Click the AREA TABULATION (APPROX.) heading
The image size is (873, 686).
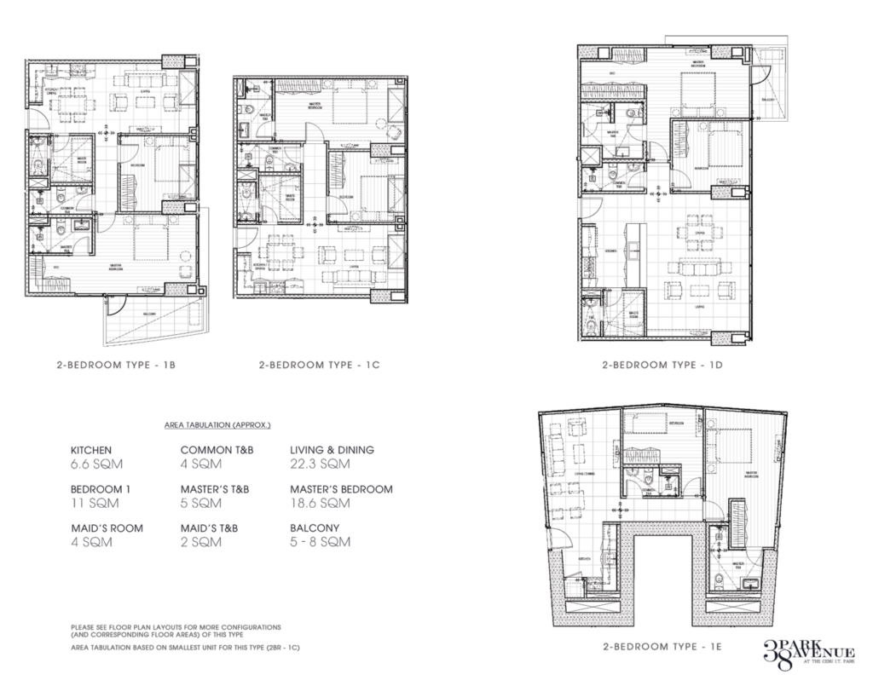[x=216, y=424]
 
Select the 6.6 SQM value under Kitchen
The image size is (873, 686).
[x=92, y=464]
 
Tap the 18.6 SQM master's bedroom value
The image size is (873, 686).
[x=316, y=504]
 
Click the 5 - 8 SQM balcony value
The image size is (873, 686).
[x=315, y=543]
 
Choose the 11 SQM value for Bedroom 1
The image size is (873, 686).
[x=89, y=504]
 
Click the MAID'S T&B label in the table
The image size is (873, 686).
[x=210, y=528]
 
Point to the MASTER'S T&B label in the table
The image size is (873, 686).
[x=218, y=489]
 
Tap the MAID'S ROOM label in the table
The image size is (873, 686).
[x=106, y=528]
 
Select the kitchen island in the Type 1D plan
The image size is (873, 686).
[x=634, y=247]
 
